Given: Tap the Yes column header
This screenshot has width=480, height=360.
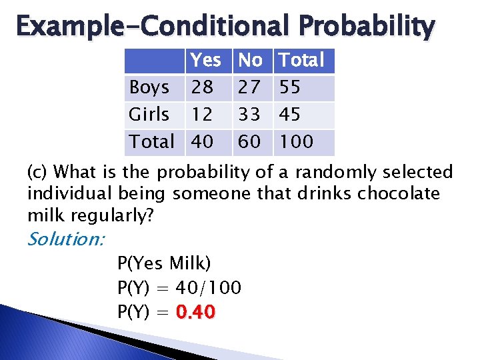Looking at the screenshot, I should tap(205, 61).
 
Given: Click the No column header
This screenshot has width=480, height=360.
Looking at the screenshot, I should tap(250, 61).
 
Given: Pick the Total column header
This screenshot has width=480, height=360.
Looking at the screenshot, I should tap(301, 61).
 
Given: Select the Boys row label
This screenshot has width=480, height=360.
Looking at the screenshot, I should tap(149, 87).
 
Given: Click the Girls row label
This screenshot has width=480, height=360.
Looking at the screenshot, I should tap(149, 115).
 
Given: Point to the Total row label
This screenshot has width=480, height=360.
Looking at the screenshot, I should tap(151, 141).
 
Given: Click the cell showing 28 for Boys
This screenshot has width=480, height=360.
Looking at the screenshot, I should tap(202, 87).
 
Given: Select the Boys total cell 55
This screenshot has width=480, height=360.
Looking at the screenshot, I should tap(290, 87).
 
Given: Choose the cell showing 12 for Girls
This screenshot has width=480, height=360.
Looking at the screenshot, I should tap(202, 115).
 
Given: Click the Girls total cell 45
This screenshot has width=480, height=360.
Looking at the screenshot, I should tap(290, 115).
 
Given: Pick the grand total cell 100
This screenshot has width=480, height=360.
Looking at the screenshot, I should tap(295, 141).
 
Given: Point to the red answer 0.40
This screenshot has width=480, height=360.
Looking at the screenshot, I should tap(196, 312).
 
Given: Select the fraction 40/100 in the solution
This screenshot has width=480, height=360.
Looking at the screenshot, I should tap(208, 288).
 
